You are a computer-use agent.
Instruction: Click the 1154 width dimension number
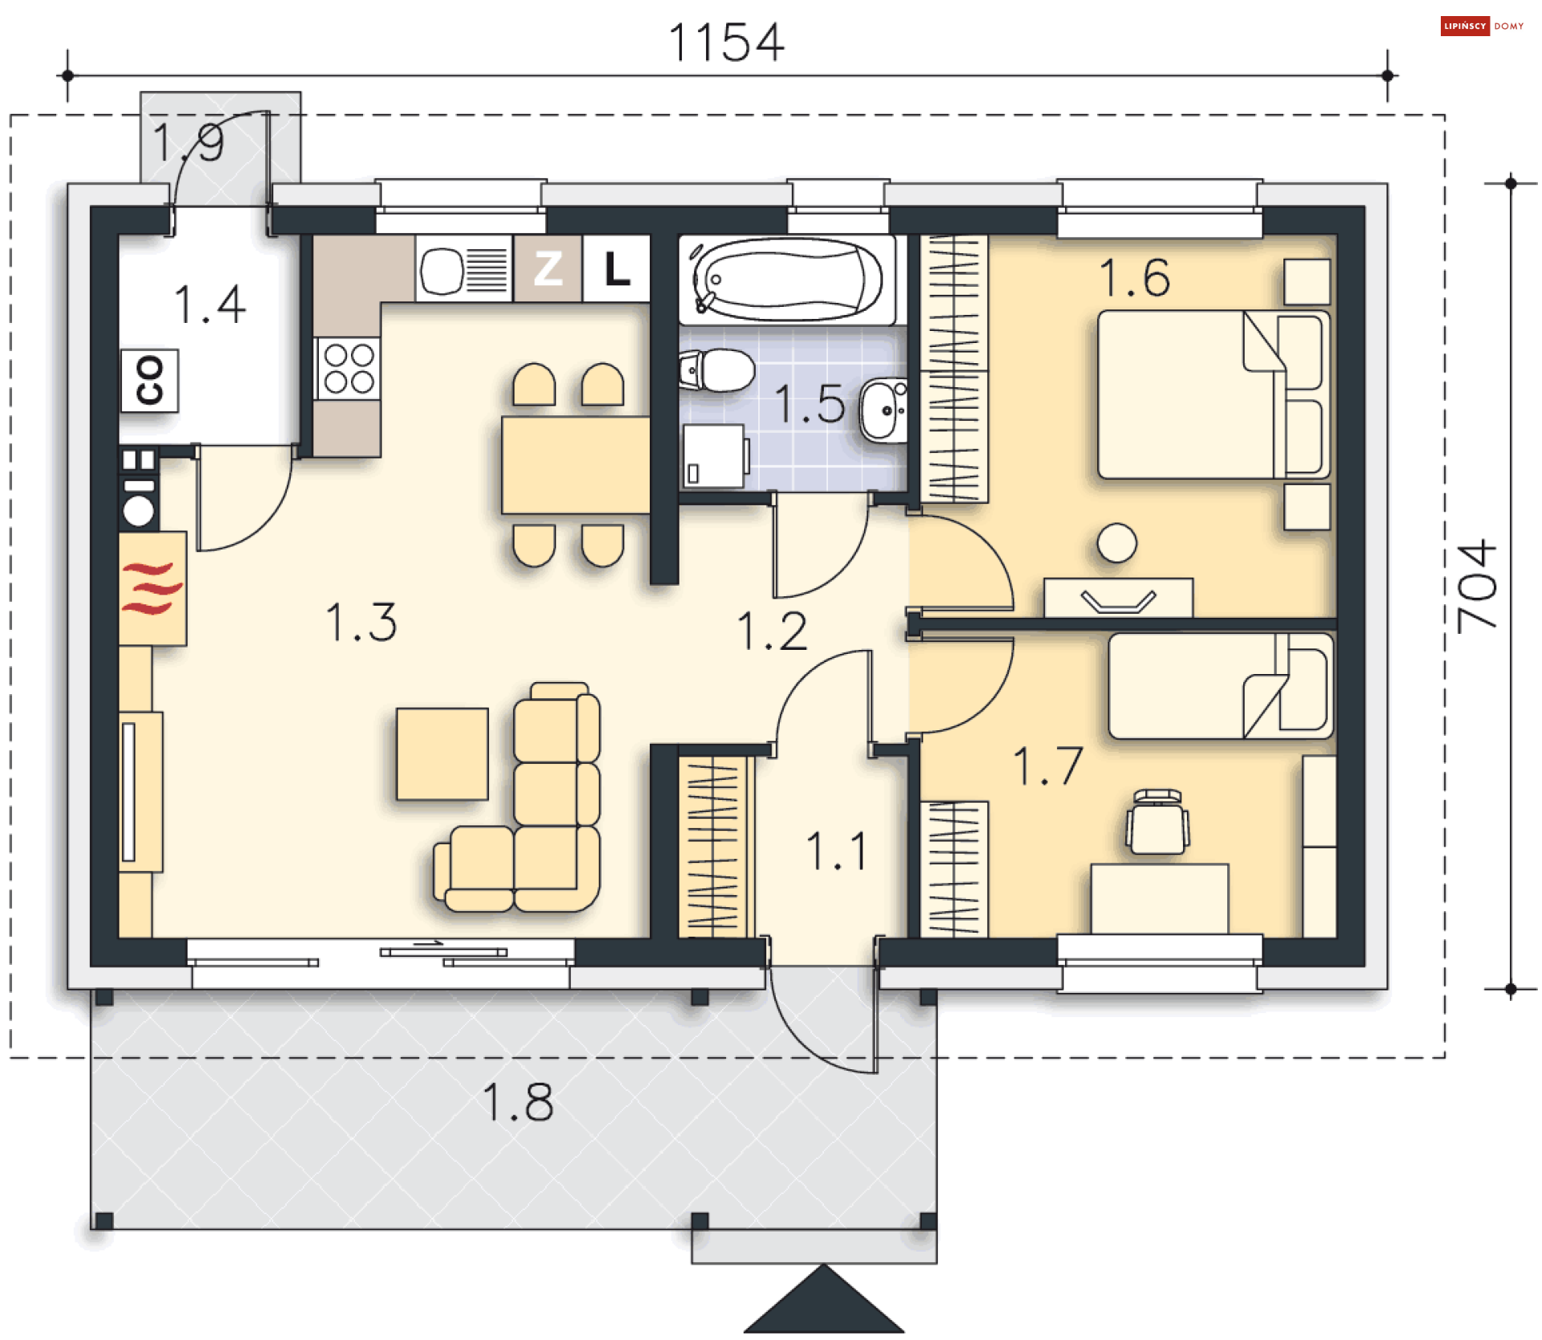point(726,43)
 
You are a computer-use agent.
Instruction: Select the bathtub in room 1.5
point(787,280)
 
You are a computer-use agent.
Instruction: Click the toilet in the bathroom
point(716,370)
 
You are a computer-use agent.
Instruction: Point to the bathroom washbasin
point(884,410)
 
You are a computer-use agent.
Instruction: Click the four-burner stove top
point(349,368)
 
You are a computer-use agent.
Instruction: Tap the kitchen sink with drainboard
point(463,269)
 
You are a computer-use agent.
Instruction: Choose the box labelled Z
point(548,268)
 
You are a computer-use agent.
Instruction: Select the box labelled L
point(616,268)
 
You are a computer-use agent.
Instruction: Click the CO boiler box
point(149,380)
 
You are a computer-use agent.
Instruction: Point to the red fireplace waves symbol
point(152,588)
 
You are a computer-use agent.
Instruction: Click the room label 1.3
point(361,623)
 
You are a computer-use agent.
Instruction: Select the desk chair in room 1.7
point(1157,822)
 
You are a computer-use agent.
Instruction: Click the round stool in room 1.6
point(1116,543)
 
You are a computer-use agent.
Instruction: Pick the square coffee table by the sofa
point(443,754)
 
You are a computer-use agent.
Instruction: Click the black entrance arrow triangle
point(824,1300)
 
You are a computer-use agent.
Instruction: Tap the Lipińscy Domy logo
point(1483,27)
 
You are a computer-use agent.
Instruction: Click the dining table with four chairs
point(575,465)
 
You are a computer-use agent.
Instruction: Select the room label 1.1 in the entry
point(836,852)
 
